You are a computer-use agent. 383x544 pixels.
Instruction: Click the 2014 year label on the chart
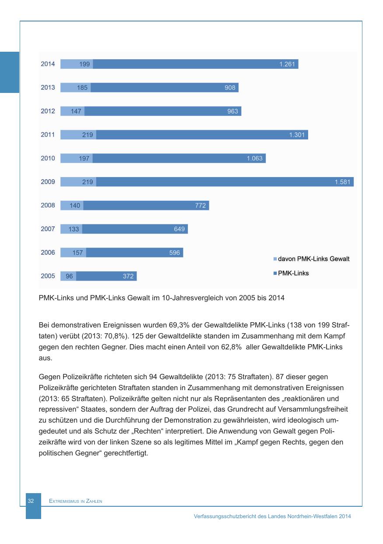click(x=48, y=64)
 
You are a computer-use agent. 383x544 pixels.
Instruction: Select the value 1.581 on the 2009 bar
click(x=342, y=182)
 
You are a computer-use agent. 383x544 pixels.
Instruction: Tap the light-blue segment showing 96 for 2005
click(x=69, y=276)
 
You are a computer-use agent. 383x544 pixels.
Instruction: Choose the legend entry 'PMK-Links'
click(x=293, y=273)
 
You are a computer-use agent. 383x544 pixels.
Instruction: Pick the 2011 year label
click(x=48, y=135)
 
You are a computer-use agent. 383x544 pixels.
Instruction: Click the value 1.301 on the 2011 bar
click(x=297, y=135)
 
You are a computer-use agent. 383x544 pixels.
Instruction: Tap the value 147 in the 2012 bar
click(x=76, y=111)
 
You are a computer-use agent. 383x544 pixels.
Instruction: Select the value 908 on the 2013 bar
click(x=230, y=88)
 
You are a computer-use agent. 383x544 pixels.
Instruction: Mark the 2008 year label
click(x=48, y=205)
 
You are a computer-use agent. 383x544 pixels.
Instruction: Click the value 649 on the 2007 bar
click(x=179, y=229)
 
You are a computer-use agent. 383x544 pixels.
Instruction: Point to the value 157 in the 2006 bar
click(x=77, y=252)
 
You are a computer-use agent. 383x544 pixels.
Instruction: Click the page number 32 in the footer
click(x=31, y=501)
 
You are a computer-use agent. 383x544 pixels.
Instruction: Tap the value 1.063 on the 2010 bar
click(x=254, y=158)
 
